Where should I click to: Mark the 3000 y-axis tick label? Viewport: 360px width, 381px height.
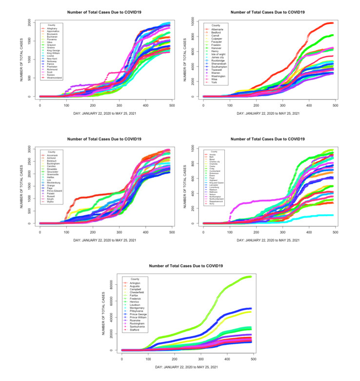pyautogui.click(x=33, y=147)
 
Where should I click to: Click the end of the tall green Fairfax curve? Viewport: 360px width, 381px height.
pyautogui.click(x=251, y=277)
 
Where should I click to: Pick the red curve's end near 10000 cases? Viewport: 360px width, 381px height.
pyautogui.click(x=333, y=23)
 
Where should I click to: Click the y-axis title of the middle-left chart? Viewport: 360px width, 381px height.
pyautogui.click(x=22, y=185)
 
